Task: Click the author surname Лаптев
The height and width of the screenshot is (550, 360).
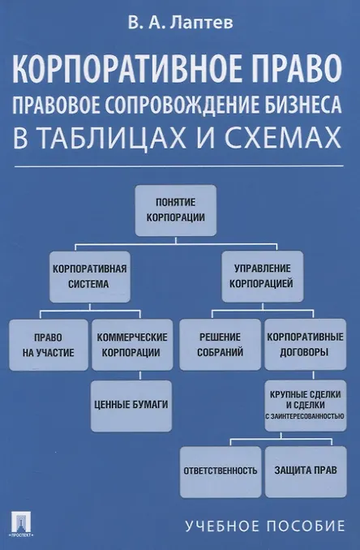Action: point(202,23)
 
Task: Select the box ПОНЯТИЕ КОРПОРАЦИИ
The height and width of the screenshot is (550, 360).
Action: point(176,210)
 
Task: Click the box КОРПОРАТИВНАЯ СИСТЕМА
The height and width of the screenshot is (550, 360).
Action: point(90,277)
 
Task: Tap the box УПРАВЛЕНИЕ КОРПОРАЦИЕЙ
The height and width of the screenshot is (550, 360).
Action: point(262,277)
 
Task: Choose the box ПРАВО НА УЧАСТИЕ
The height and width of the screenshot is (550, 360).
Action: point(49,345)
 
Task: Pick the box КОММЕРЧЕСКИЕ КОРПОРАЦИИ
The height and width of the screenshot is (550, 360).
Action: point(132,345)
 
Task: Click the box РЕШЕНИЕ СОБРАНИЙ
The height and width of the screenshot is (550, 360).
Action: point(221,345)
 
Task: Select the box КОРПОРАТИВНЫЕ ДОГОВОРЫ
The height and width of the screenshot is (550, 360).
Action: point(306,345)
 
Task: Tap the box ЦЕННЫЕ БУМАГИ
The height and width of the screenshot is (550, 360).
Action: point(131,406)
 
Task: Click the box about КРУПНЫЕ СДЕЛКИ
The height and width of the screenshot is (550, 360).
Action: point(306,406)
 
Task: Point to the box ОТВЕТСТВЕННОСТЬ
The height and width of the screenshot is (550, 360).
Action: point(221,472)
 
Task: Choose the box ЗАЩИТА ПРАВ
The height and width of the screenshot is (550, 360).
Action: point(306,472)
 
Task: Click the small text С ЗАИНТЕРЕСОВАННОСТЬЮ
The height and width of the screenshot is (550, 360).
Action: point(305,416)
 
